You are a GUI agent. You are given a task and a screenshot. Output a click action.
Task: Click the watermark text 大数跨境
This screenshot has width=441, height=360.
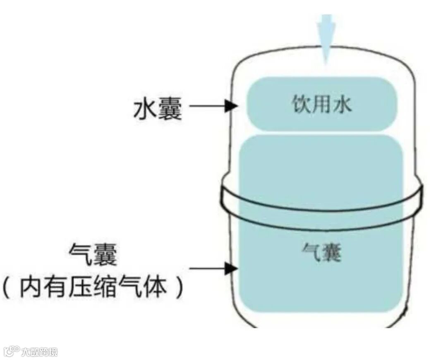point(39,352)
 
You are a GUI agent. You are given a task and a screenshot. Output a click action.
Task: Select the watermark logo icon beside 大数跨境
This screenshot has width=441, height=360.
point(11,351)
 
